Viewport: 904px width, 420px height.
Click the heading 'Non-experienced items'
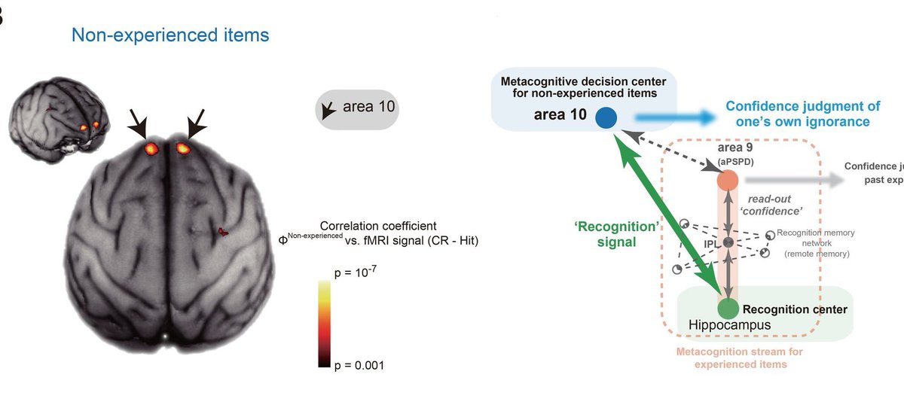[170, 35]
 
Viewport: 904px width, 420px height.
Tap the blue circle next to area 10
[606, 117]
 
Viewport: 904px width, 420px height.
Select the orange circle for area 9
[727, 181]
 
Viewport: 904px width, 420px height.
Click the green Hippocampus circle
[727, 308]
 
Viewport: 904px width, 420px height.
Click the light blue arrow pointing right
[674, 117]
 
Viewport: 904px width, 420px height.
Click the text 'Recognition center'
[795, 309]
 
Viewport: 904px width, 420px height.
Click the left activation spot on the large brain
[153, 148]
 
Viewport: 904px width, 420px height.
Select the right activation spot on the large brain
[183, 148]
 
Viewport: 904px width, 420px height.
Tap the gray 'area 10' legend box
[356, 108]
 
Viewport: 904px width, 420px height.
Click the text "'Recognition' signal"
[603, 236]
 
